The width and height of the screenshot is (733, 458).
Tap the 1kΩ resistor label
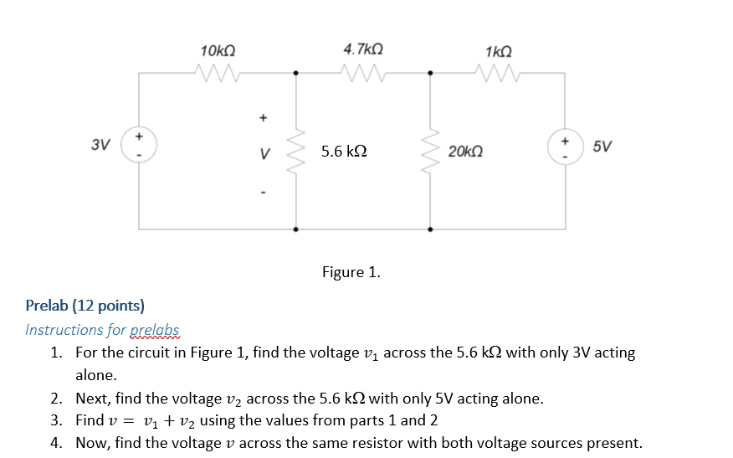pos(499,51)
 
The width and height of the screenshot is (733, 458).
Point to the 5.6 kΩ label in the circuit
pos(344,152)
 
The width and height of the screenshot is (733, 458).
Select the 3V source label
pos(100,145)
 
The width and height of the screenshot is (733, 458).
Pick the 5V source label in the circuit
pos(601,147)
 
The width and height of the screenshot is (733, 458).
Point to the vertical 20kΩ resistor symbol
pos(431,151)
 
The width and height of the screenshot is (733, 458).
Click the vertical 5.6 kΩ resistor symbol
pos(295,151)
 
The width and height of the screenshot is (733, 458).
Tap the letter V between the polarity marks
pos(264,154)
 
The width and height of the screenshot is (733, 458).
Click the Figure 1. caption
pos(351,272)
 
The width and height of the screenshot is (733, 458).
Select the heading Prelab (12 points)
pos(85,306)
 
